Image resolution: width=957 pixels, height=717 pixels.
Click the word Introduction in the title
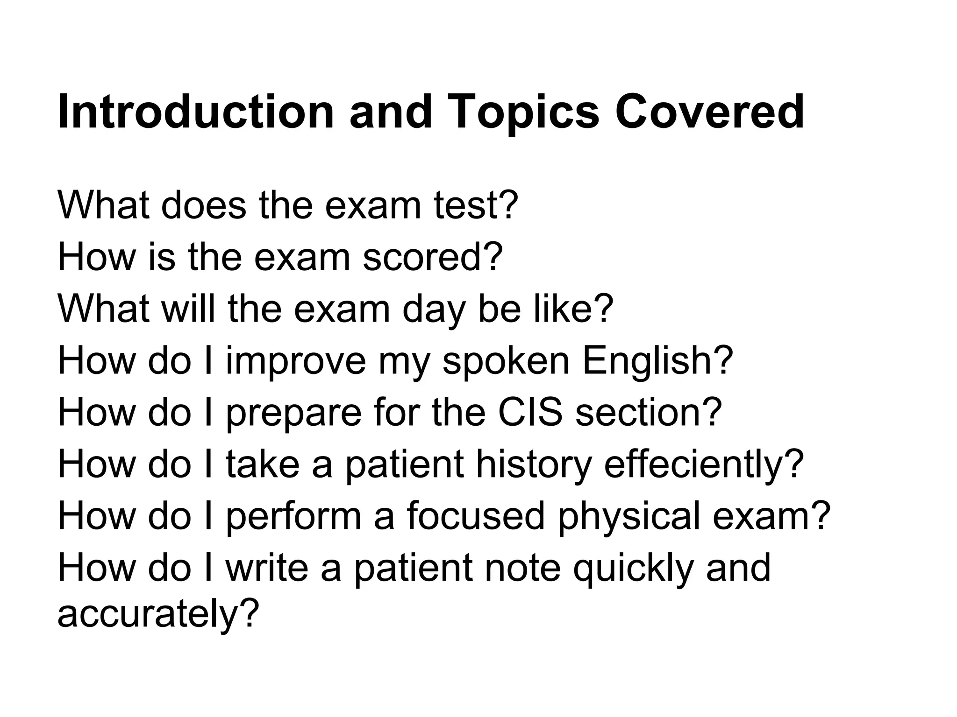pyautogui.click(x=196, y=112)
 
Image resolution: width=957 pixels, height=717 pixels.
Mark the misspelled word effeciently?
pyautogui.click(x=704, y=464)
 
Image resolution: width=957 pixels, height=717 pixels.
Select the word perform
pyautogui.click(x=293, y=517)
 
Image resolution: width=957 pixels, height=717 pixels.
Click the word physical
pyautogui.click(x=629, y=517)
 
